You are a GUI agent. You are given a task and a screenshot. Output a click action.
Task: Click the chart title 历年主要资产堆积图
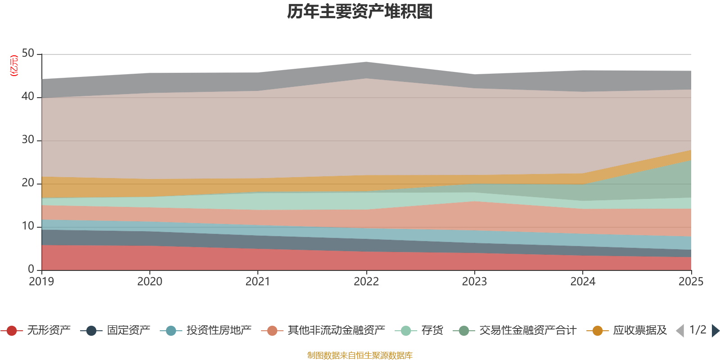pos(360,12)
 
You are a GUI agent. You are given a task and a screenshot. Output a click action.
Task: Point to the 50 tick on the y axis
pos(28,54)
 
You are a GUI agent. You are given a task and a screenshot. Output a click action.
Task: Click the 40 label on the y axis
pos(28,97)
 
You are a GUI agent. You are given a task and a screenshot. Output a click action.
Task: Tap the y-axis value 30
pos(28,140)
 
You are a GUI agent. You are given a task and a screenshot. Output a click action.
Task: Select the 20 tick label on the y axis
pos(28,183)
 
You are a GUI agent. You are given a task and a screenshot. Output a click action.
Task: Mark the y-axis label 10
pos(28,226)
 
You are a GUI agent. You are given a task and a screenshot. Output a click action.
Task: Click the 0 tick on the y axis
pos(31,269)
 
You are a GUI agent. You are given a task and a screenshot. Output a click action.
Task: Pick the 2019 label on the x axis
pos(41,282)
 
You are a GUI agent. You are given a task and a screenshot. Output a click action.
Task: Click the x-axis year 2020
pos(149,282)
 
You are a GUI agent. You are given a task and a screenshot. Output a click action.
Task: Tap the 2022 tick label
pos(366,282)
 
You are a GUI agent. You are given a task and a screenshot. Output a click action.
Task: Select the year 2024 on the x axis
pos(583,282)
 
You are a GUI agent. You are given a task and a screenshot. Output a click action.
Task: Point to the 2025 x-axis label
pos(690,282)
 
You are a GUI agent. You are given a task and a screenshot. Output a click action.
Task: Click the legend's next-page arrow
pos(715,331)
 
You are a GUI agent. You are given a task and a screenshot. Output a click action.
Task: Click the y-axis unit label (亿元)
pos(14,66)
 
